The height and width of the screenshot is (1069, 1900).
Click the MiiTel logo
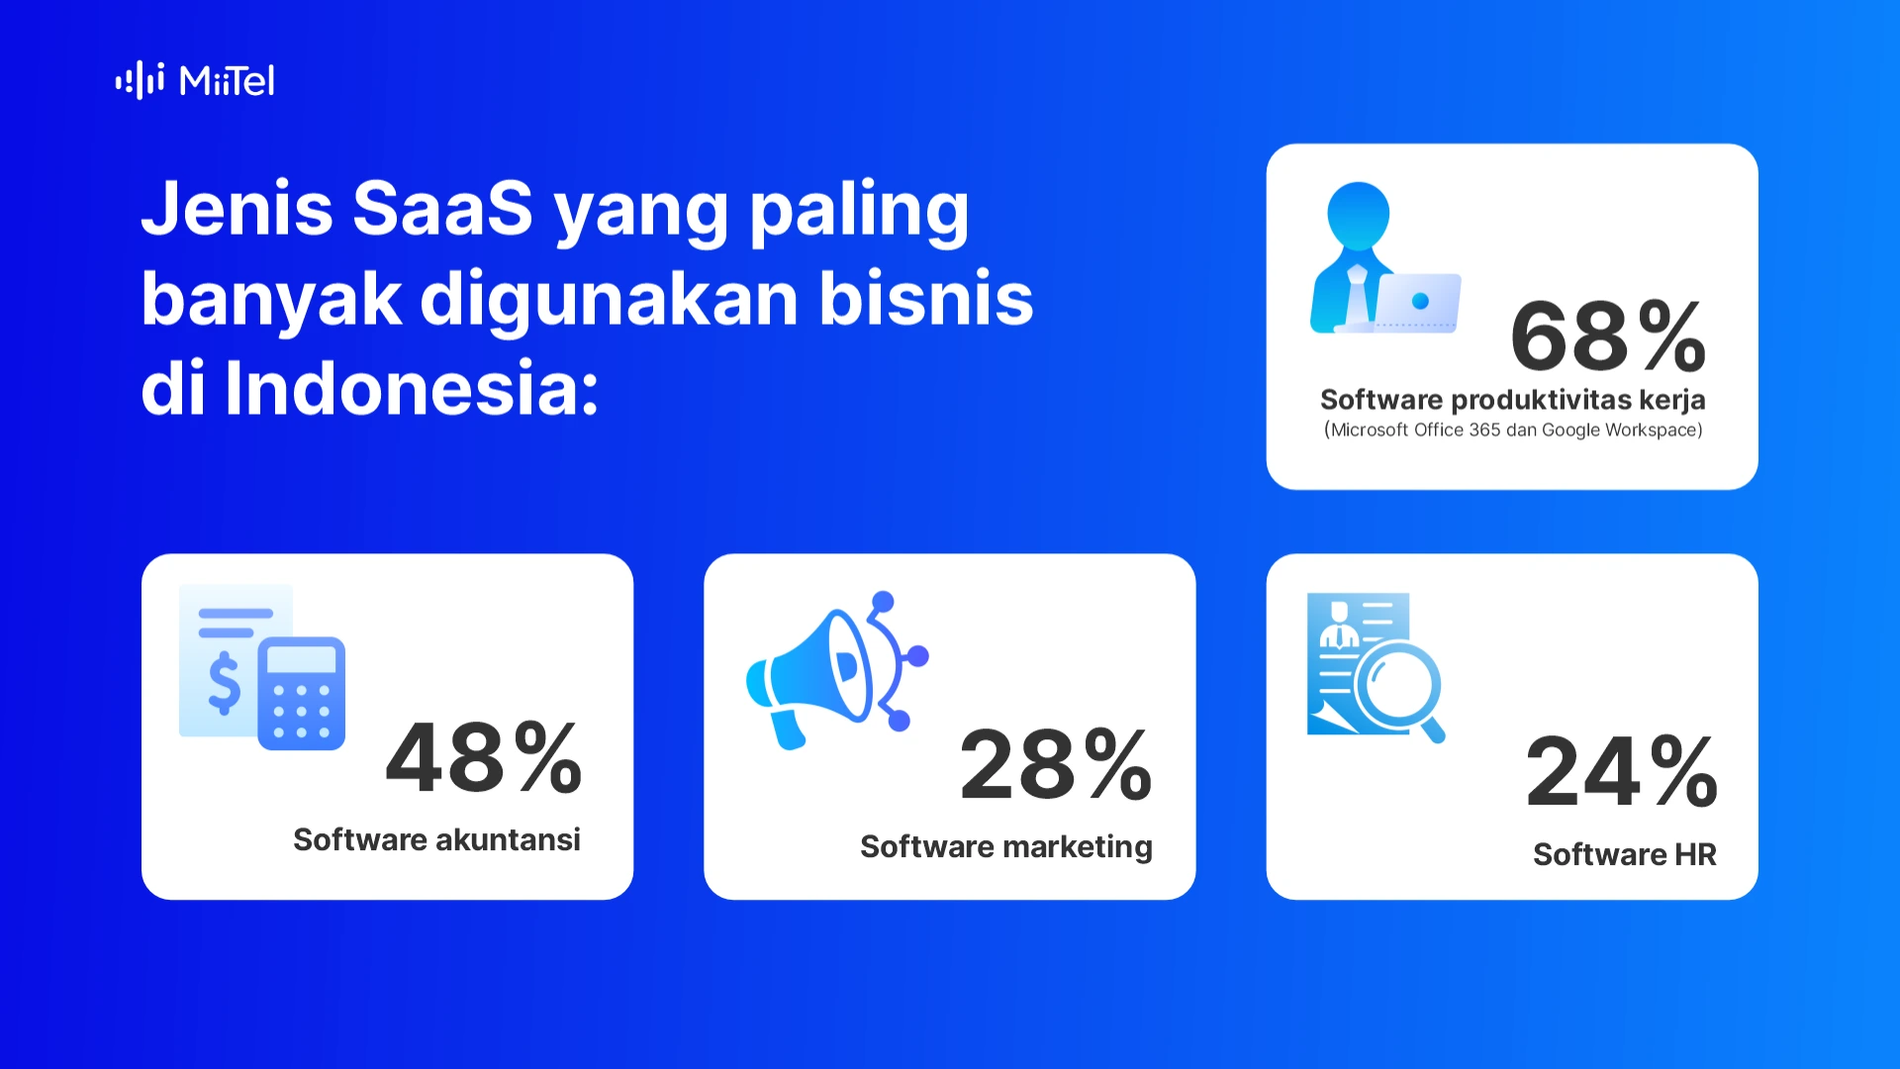click(x=195, y=80)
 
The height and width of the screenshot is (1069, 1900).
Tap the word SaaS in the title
click(x=442, y=209)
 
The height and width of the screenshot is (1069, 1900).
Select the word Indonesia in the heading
click(x=412, y=388)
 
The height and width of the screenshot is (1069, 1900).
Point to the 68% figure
click(x=1608, y=336)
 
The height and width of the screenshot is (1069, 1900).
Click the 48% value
click(x=484, y=757)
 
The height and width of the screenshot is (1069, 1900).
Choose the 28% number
click(x=1056, y=764)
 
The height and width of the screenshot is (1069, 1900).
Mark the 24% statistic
click(x=1622, y=771)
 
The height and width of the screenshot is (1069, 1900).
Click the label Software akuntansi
click(x=436, y=839)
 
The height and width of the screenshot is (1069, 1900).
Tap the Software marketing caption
click(x=1006, y=847)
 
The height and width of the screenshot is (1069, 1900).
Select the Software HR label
click(x=1624, y=854)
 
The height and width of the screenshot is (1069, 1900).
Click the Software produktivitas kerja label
click(x=1512, y=400)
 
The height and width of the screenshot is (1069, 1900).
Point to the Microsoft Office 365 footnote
click(x=1513, y=430)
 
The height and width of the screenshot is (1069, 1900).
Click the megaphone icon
click(x=837, y=670)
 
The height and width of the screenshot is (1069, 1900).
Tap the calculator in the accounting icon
click(x=301, y=693)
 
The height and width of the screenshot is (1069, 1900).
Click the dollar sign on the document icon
click(x=225, y=683)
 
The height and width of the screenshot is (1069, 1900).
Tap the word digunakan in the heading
click(x=609, y=299)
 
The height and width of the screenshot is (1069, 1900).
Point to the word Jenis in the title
click(x=237, y=209)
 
